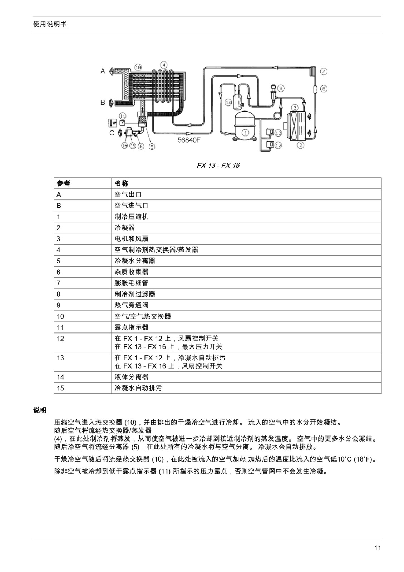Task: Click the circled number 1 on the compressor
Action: click(x=245, y=133)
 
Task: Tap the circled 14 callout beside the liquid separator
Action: click(x=228, y=102)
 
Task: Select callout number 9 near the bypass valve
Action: click(x=281, y=88)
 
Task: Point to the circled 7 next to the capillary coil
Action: click(x=324, y=71)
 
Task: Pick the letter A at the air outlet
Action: click(x=103, y=71)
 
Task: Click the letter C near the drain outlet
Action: click(x=112, y=133)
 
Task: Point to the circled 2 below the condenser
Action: click(x=300, y=145)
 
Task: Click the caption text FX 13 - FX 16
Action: click(x=218, y=166)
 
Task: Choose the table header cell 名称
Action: click(x=122, y=183)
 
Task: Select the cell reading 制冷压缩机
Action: click(x=132, y=217)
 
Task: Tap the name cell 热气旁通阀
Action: click(x=132, y=305)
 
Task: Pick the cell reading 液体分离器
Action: click(x=132, y=377)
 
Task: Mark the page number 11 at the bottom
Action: click(x=378, y=548)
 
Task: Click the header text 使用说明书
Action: click(x=50, y=24)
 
